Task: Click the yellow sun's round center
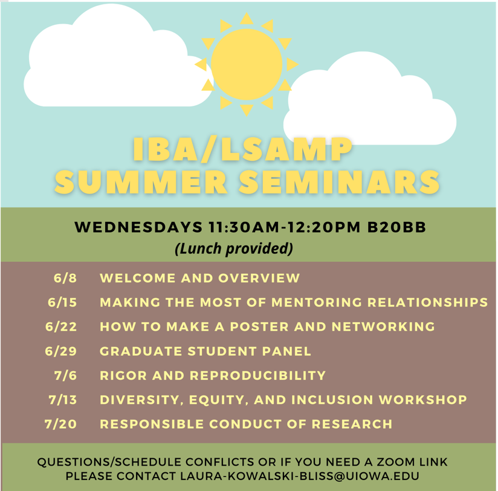click(247, 64)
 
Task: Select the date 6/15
click(62, 302)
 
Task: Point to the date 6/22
click(61, 327)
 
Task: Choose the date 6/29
click(61, 351)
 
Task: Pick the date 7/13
click(63, 400)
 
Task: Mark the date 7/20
click(61, 424)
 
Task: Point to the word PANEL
click(287, 351)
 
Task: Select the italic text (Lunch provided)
click(233, 249)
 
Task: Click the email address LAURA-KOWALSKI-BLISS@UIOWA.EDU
click(300, 476)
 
